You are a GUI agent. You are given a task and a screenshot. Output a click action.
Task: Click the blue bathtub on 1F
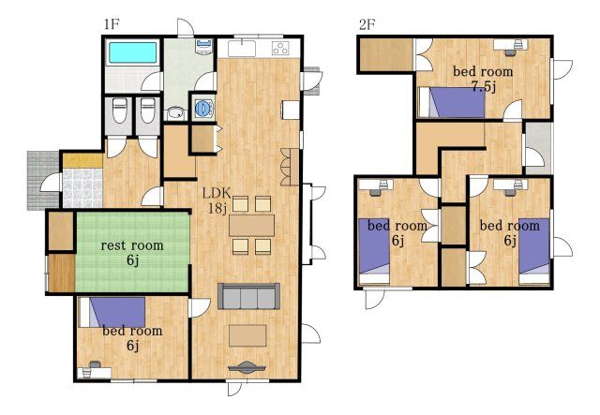[133, 52]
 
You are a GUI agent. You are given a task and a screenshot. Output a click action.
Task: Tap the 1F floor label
[112, 25]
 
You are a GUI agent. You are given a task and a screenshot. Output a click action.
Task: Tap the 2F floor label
[367, 25]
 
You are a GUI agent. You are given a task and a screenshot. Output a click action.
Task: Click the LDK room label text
[217, 193]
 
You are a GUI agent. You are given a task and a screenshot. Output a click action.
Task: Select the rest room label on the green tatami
[132, 245]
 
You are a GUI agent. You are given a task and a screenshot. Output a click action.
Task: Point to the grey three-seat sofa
[248, 296]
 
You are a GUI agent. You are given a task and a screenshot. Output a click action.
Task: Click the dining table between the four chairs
[251, 225]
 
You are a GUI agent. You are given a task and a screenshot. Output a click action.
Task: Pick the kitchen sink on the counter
[242, 49]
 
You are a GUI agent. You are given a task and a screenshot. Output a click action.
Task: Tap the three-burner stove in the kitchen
[280, 48]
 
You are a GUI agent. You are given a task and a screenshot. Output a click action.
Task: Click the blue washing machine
[202, 109]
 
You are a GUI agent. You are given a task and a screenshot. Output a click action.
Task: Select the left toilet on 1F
[119, 111]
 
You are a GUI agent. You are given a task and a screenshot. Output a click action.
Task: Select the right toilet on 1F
[148, 111]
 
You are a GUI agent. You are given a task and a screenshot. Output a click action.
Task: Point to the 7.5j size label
[484, 87]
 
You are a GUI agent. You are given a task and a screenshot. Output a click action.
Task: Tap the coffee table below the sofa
[247, 335]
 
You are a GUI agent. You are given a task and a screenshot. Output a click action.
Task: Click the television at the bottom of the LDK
[247, 367]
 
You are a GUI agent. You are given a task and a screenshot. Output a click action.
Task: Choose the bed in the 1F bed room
[112, 313]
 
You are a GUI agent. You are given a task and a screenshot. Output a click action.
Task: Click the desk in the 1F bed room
[94, 372]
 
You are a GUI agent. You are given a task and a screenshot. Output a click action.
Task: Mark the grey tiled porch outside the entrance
[43, 181]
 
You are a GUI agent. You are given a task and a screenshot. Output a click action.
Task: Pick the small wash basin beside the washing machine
[175, 112]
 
